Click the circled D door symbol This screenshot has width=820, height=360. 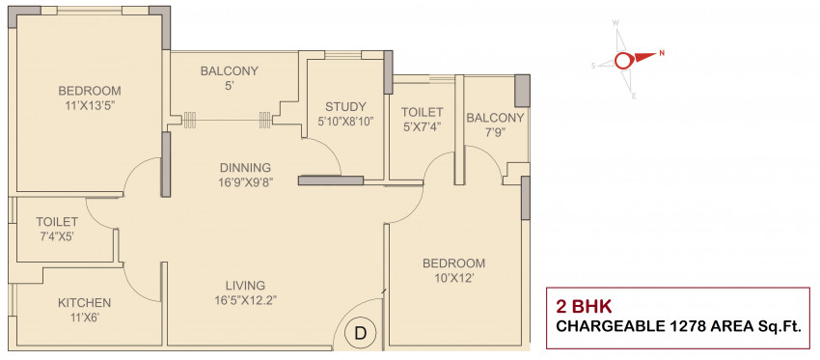click(x=361, y=333)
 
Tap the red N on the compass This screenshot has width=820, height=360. click(x=662, y=53)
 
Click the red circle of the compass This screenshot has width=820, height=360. click(x=623, y=61)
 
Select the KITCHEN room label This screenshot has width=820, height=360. click(x=84, y=303)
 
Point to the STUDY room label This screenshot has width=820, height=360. click(x=345, y=107)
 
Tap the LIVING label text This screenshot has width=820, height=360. click(x=246, y=286)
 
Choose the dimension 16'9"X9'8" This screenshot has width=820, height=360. click(x=245, y=182)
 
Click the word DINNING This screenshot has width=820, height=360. click(x=245, y=168)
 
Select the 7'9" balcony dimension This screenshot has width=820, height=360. click(x=495, y=131)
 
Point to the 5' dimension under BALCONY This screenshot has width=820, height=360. click(x=229, y=86)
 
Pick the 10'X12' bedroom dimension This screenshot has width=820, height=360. click(x=453, y=277)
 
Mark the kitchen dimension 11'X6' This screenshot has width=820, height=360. click(x=84, y=318)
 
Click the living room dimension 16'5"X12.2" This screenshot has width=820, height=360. click(x=246, y=300)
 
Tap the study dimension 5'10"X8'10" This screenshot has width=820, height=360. click(x=345, y=122)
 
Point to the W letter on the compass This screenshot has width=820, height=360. click(x=616, y=23)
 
